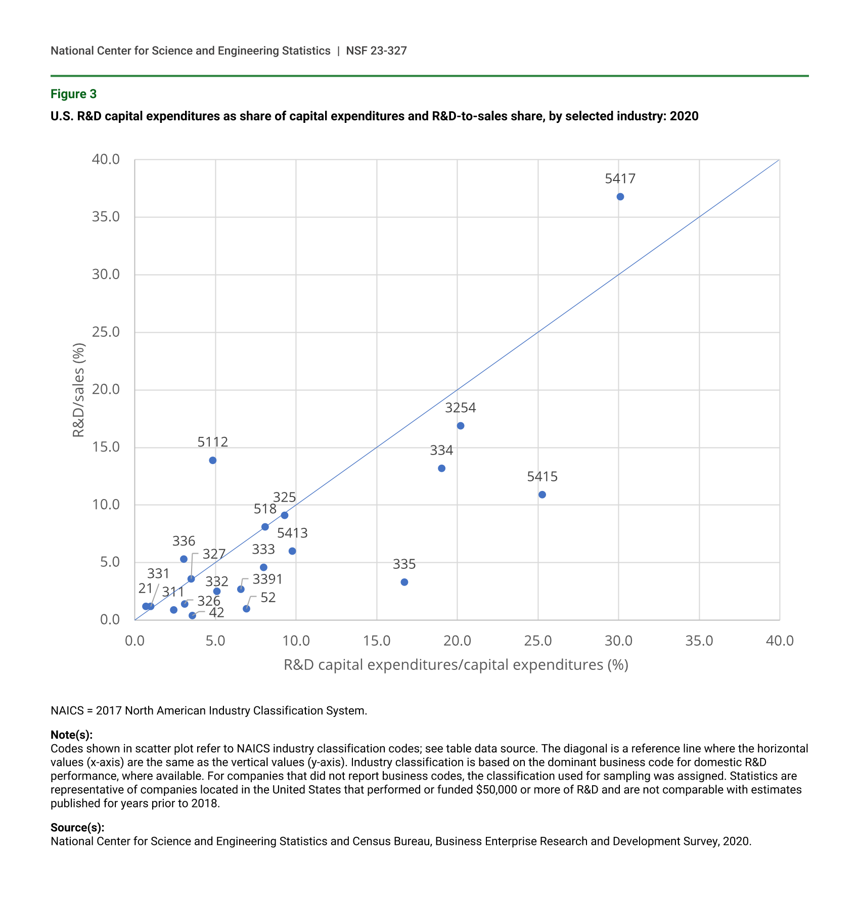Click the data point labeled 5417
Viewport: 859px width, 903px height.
620,197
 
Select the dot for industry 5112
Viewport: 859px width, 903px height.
213,460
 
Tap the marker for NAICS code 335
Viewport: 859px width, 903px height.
404,582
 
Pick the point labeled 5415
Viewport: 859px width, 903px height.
542,494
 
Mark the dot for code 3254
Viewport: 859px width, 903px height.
461,426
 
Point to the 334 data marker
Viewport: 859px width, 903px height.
441,468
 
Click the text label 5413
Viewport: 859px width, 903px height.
292,533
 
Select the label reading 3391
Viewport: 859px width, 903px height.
267,579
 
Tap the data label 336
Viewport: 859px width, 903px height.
184,541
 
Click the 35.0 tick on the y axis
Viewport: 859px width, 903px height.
106,217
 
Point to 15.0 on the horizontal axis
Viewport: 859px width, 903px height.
377,641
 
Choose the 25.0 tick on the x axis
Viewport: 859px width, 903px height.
538,641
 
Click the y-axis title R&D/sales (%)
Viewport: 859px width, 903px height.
78,390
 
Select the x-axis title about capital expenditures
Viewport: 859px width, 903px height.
456,664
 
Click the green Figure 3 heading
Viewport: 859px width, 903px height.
73,94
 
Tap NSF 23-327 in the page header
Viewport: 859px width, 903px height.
376,51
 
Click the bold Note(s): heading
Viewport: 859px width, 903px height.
71,735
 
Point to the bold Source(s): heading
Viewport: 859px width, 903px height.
77,828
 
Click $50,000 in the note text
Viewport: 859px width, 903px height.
496,790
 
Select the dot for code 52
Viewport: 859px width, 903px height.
246,609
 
